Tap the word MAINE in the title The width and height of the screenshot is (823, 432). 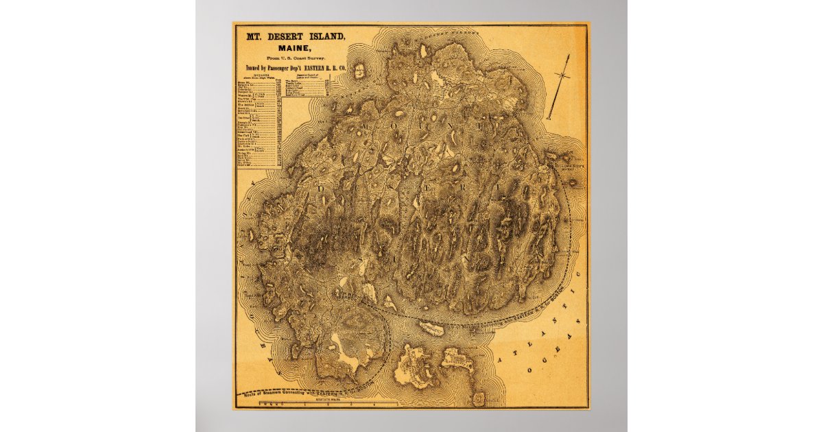(x=288, y=47)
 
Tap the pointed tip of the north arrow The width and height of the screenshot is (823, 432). (x=569, y=56)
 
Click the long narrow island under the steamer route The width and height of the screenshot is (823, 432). (x=432, y=329)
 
